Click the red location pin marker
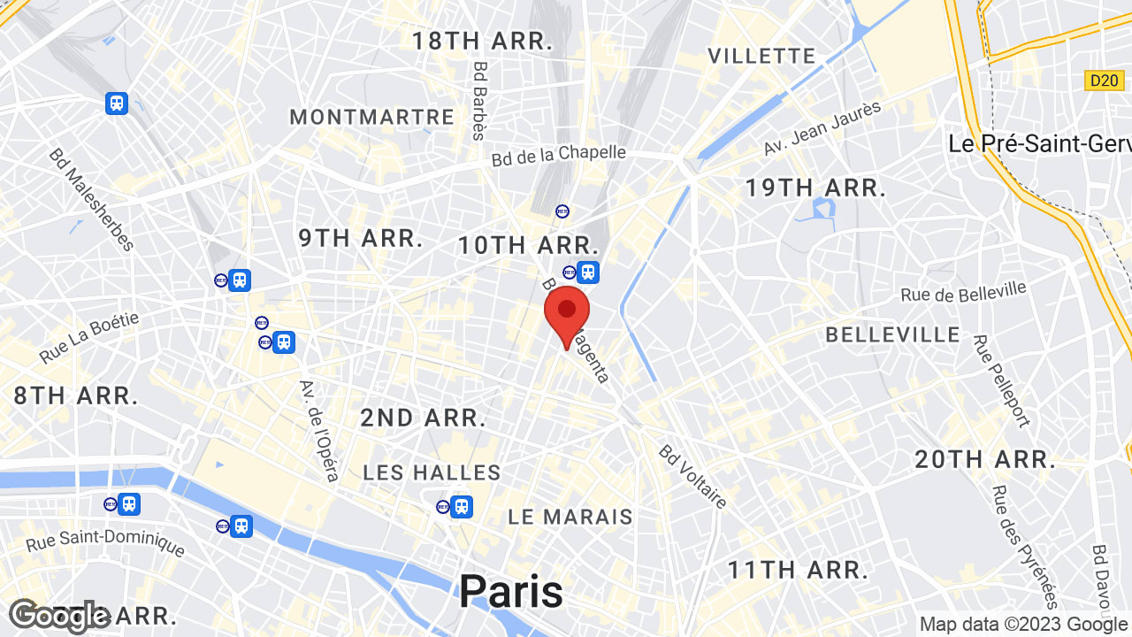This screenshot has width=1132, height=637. [567, 312]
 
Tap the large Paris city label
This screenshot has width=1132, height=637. [510, 591]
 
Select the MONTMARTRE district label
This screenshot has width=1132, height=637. [371, 117]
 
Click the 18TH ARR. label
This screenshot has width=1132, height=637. [482, 40]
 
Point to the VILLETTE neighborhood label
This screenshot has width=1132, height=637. [761, 56]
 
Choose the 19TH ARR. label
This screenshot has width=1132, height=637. [815, 188]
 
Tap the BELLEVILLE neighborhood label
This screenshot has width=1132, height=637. [892, 334]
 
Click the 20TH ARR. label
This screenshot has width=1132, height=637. [985, 459]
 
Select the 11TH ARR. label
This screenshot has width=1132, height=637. [798, 569]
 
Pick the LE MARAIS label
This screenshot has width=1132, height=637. [570, 517]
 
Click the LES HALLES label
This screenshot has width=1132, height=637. [432, 472]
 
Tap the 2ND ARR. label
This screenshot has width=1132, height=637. [423, 418]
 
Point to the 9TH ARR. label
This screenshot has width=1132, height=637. [360, 238]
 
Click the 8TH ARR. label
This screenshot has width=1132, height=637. [76, 395]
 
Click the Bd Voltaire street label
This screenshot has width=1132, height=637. [692, 477]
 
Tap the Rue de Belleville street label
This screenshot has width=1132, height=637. [963, 291]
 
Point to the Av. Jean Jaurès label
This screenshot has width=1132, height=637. [822, 129]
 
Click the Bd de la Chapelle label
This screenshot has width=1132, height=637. [558, 155]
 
